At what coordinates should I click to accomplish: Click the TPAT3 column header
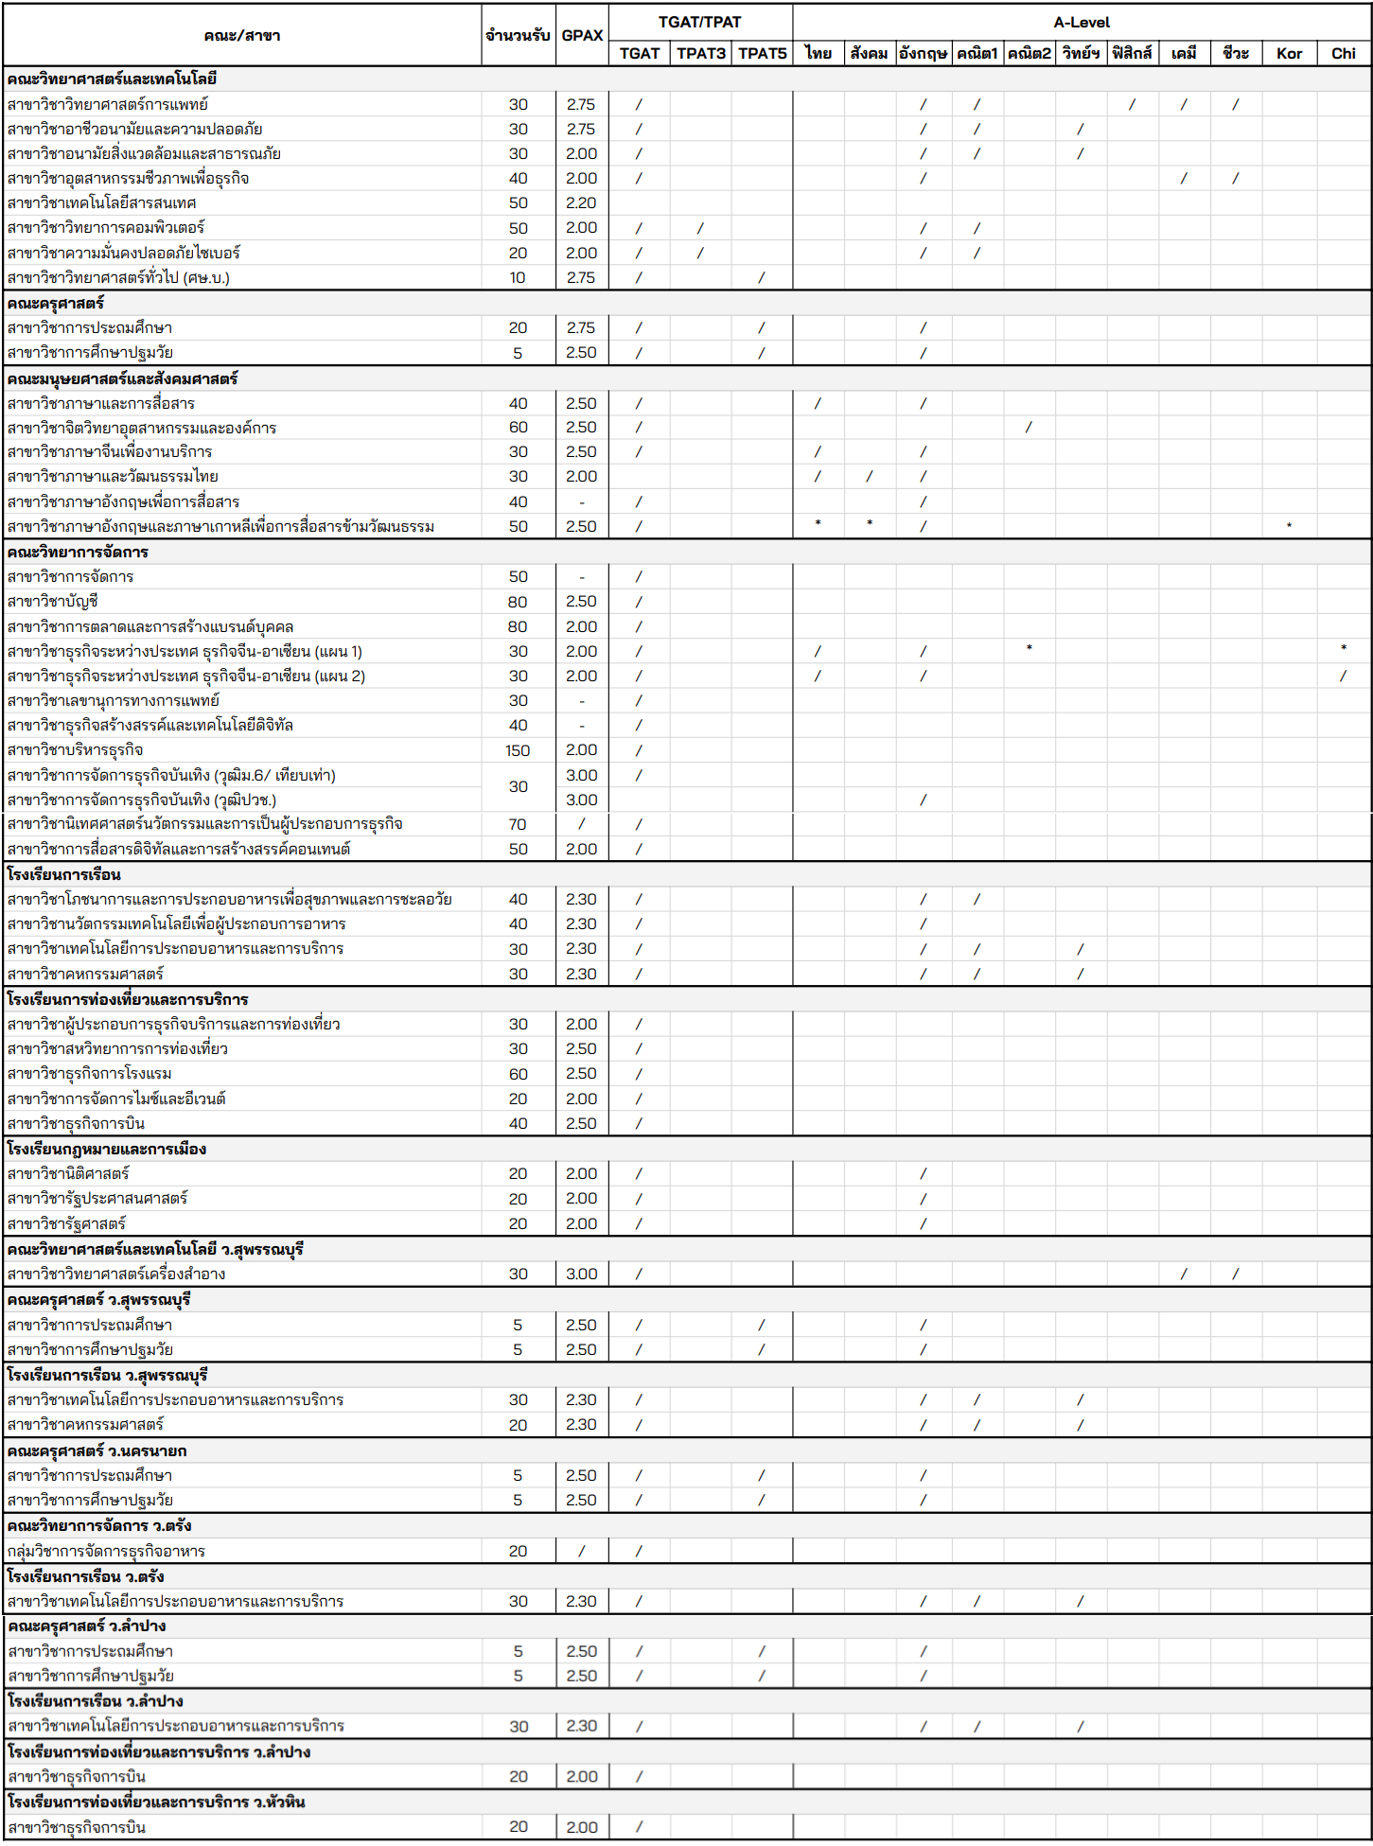[700, 53]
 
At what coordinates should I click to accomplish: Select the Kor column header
[1289, 53]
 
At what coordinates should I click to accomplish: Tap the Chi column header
[1343, 53]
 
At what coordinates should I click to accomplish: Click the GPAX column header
[582, 35]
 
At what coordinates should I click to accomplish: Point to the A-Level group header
[1082, 22]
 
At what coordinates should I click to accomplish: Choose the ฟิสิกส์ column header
[1132, 53]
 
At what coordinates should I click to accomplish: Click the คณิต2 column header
[1029, 53]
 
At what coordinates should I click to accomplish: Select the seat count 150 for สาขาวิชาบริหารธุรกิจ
[518, 750]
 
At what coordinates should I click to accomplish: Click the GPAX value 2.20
[581, 202]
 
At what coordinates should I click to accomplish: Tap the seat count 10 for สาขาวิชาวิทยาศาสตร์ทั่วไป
[518, 277]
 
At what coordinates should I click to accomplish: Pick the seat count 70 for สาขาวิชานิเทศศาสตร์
[518, 824]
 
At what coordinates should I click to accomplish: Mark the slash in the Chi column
[1343, 676]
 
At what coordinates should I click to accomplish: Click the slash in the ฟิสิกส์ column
[1132, 104]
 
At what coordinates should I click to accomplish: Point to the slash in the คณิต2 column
[1029, 428]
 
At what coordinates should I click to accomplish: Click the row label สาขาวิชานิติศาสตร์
[68, 1173]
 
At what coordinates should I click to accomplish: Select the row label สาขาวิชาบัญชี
[53, 602]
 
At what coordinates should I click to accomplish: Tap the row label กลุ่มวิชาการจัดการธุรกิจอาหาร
[106, 1551]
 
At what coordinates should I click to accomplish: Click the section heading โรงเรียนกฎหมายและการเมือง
[106, 1149]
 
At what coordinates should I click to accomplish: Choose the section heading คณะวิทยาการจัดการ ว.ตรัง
[99, 1525]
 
